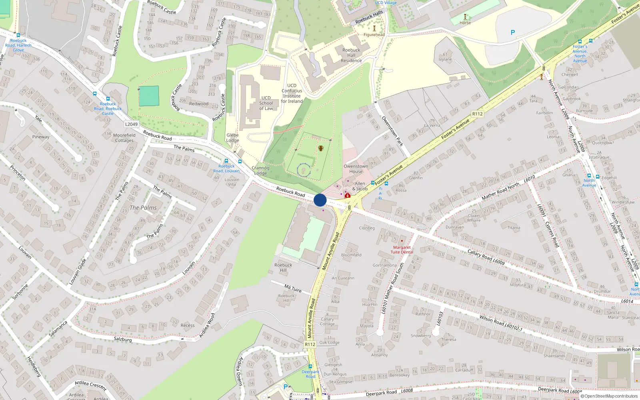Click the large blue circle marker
(320, 200)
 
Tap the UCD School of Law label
(266, 103)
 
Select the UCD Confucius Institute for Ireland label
(292, 93)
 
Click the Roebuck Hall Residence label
(351, 55)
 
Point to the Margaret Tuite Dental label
(402, 250)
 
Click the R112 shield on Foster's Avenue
(477, 114)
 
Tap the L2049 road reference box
(131, 124)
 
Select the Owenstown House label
(356, 169)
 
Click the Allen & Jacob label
(360, 186)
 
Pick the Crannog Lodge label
(260, 170)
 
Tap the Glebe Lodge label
(232, 138)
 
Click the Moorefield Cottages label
(124, 138)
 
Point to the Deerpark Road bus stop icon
(310, 366)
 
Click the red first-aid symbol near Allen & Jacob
(348, 195)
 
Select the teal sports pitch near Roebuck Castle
(149, 96)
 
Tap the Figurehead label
(374, 35)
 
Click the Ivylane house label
(445, 59)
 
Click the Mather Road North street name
(500, 191)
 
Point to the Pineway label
(41, 137)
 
